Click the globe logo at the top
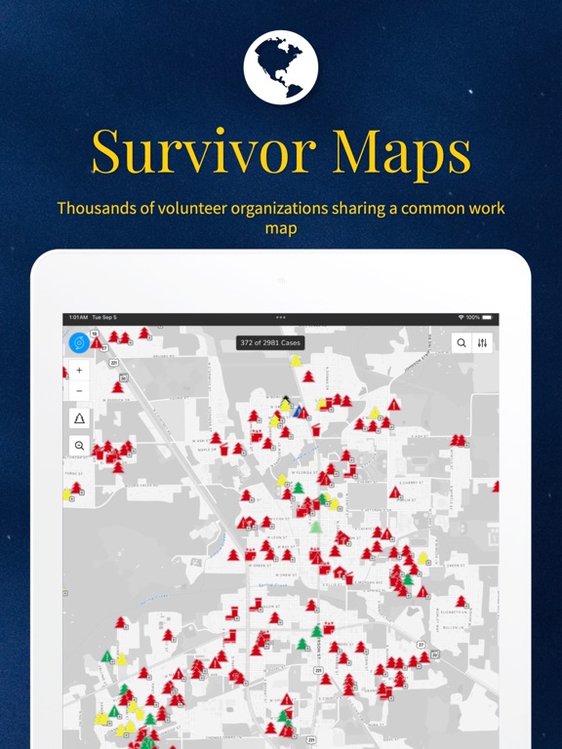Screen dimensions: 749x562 [281, 67]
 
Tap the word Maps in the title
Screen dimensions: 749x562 [403, 152]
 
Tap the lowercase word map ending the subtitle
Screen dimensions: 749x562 [281, 229]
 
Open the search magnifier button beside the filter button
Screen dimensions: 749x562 [462, 343]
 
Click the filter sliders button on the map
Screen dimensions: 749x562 [483, 343]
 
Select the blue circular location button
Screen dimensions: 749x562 [79, 343]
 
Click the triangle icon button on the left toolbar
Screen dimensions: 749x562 [79, 418]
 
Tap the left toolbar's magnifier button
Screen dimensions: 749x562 [79, 445]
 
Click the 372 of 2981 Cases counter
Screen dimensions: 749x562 [270, 343]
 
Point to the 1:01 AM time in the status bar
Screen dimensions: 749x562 [77, 318]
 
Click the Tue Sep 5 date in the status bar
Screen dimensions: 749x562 [103, 318]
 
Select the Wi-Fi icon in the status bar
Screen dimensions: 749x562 [461, 318]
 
